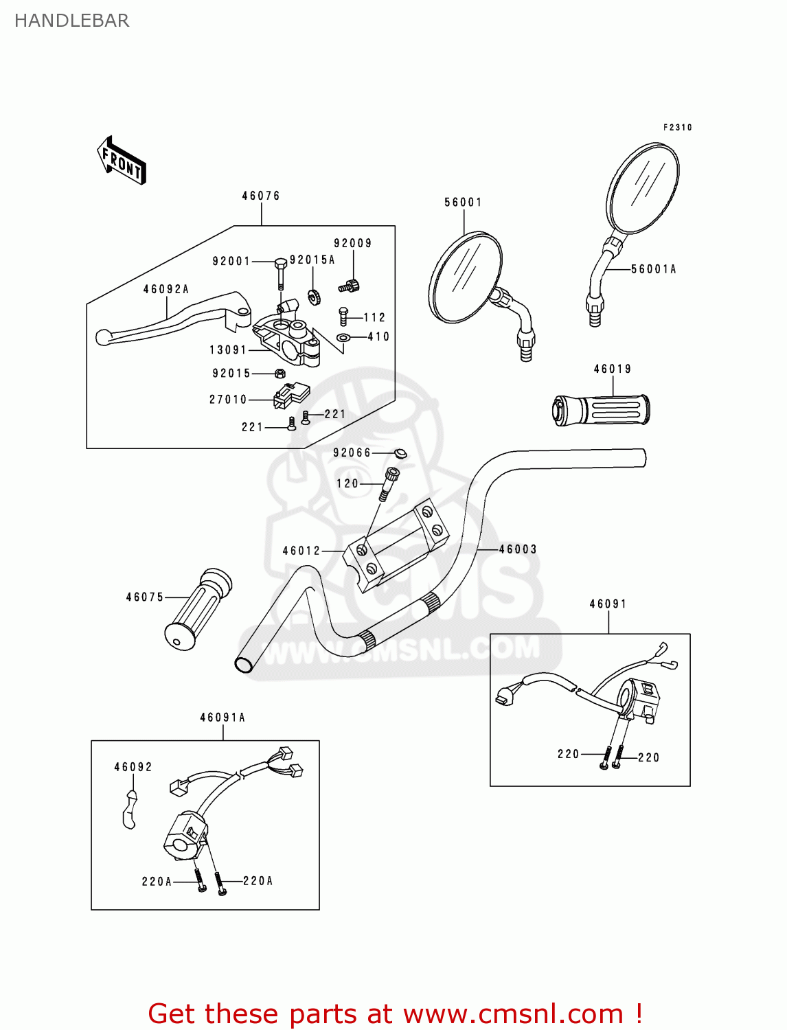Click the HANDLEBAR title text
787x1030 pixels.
pos(71,21)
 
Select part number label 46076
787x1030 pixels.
pos(261,196)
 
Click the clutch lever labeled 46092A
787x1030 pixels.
pos(172,323)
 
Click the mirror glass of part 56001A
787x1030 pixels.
pos(643,187)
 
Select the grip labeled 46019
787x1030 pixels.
pos(602,411)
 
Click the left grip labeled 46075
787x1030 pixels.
pos(197,610)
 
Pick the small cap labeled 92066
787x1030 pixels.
pos(400,453)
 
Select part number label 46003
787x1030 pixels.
pos(518,549)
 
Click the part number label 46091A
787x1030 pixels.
pos(223,718)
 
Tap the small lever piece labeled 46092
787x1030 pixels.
pos(128,809)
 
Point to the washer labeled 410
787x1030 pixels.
pos(343,337)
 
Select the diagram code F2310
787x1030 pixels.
pos(677,128)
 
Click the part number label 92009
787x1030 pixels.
pos(353,243)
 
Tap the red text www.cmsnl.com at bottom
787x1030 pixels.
pos(512,1014)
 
